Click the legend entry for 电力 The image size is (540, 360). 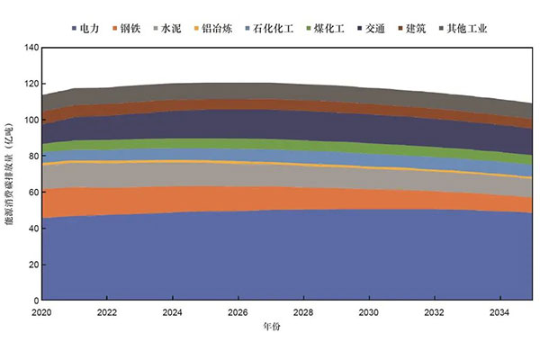[x=87, y=29]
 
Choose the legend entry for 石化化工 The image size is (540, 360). [x=289, y=29]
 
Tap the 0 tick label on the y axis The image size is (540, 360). [x=32, y=300]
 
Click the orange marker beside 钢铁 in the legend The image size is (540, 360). [x=114, y=29]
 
